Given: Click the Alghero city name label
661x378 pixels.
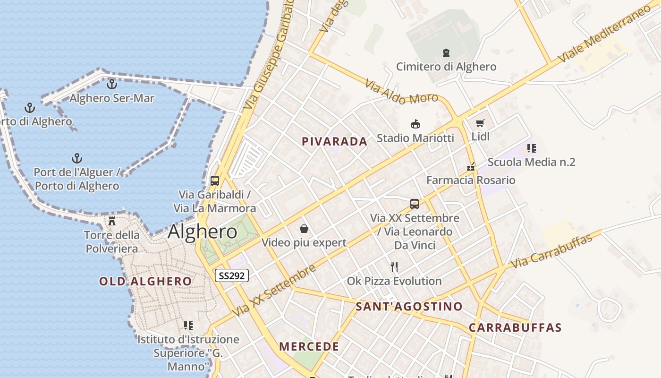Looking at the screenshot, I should point(202,232).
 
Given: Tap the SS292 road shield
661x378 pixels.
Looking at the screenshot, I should point(231,275).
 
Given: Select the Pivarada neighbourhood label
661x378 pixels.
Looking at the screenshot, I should point(334,141).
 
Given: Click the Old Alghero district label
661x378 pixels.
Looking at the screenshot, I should point(145,282).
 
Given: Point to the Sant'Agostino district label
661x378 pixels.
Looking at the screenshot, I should point(409,306).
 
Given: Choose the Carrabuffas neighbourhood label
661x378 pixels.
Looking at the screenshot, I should point(515,327).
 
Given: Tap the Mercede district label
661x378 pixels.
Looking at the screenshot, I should point(309,346).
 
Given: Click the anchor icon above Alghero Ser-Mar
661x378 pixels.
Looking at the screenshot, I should point(112,84).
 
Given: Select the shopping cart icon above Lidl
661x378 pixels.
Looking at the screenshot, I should point(480,123).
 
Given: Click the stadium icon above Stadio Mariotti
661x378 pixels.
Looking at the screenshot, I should point(415,124).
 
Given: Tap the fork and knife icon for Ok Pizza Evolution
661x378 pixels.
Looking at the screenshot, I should point(394,267).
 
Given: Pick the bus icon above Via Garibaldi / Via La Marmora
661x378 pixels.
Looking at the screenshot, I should point(215,180).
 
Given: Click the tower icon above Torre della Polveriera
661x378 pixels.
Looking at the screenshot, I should point(112,221).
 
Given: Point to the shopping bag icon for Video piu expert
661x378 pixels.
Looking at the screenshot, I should point(304,229).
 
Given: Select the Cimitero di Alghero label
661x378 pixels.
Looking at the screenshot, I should point(446,67).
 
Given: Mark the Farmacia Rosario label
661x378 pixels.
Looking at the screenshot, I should point(471,180).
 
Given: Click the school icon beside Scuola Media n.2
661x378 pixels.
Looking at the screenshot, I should point(532,148).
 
